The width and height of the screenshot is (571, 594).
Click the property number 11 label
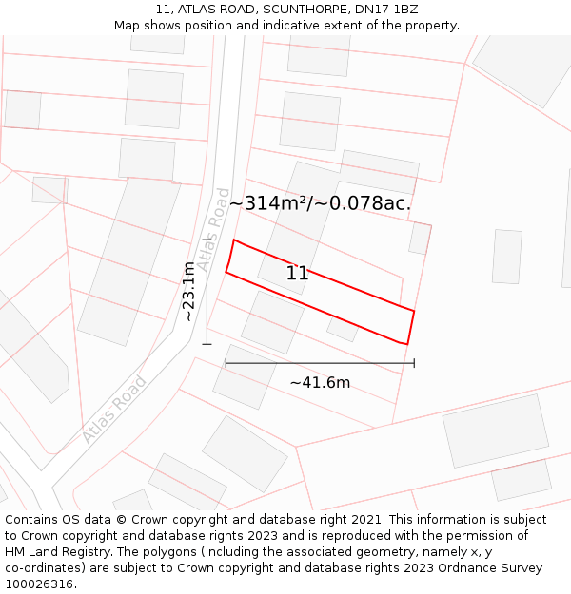(x=297, y=274)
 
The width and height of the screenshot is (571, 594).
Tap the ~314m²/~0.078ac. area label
(x=320, y=203)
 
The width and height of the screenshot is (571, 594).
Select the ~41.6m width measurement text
(x=320, y=382)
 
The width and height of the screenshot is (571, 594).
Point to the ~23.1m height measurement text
(x=189, y=291)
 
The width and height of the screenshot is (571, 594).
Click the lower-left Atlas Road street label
(x=113, y=410)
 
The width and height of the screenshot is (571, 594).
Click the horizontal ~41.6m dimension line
(x=320, y=363)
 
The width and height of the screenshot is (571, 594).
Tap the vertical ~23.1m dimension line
(x=207, y=291)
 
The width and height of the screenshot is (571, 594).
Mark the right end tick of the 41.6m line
(x=414, y=363)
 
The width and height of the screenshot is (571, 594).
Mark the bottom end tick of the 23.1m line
(x=207, y=343)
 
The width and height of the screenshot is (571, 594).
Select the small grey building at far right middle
(x=506, y=256)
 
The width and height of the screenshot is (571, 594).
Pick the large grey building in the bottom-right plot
(x=495, y=431)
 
